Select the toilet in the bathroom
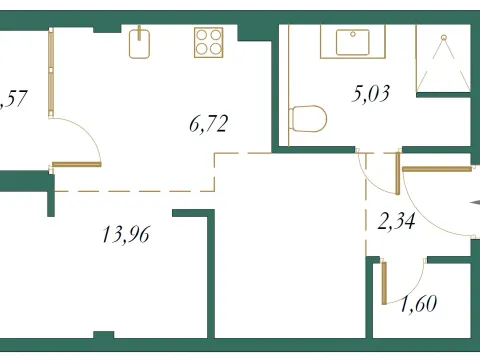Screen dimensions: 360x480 (x=308, y=119)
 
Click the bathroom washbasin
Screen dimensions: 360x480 (x=352, y=43)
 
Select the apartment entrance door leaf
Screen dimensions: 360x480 (x=436, y=169)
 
